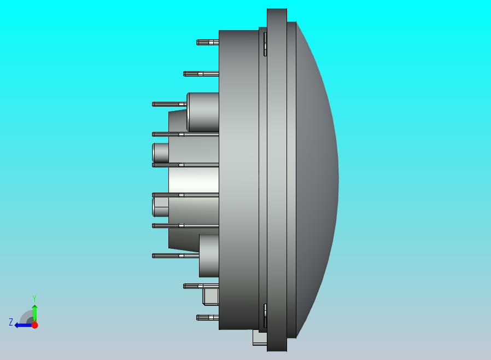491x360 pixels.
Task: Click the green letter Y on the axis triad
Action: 34,298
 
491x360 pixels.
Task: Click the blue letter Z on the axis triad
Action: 11,322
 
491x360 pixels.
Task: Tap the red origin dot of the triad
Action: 35,325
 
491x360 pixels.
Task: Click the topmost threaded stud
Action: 207,42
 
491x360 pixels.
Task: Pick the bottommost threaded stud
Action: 207,317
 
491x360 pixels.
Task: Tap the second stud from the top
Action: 201,74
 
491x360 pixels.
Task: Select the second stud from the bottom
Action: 201,286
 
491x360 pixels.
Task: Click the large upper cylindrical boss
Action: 203,112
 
